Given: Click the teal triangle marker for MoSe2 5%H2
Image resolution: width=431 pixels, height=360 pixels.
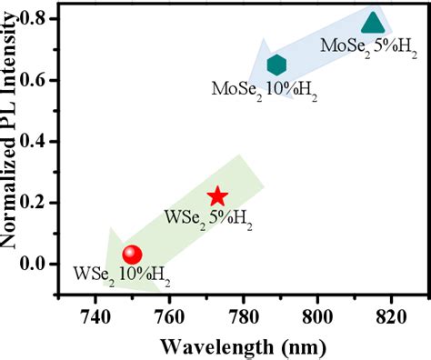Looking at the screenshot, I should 372,23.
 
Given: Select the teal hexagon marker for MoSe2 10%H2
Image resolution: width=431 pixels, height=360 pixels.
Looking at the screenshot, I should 276,65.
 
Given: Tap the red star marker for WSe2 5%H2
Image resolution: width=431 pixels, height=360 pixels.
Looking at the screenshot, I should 217,196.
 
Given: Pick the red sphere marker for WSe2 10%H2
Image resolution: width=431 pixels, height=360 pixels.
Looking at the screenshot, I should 133,255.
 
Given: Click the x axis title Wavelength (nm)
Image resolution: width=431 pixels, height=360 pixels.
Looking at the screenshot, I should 242,346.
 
